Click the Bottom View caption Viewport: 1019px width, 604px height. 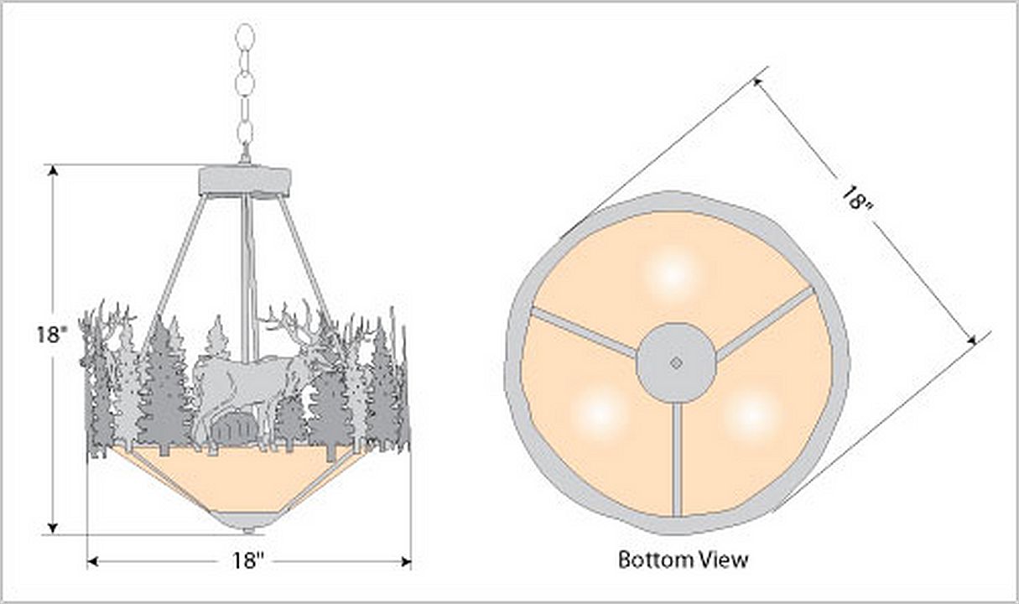[x=683, y=559]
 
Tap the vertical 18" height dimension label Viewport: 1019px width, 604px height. [x=51, y=335]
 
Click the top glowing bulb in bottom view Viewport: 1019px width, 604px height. [x=672, y=274]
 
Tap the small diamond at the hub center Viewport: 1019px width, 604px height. [x=676, y=363]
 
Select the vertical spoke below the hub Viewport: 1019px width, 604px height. [x=677, y=457]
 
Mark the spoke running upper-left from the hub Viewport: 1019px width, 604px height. [x=582, y=331]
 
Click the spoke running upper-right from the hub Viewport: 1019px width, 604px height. [x=765, y=323]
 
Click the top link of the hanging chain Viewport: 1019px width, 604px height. [x=245, y=38]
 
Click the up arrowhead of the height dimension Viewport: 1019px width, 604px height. [x=53, y=170]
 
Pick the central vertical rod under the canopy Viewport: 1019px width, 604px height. [x=247, y=277]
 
